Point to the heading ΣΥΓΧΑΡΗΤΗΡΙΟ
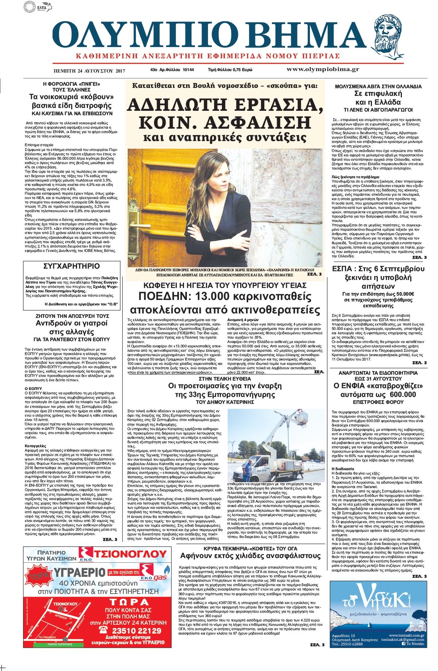click(x=72, y=266)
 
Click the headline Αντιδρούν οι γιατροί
click(x=72, y=324)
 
